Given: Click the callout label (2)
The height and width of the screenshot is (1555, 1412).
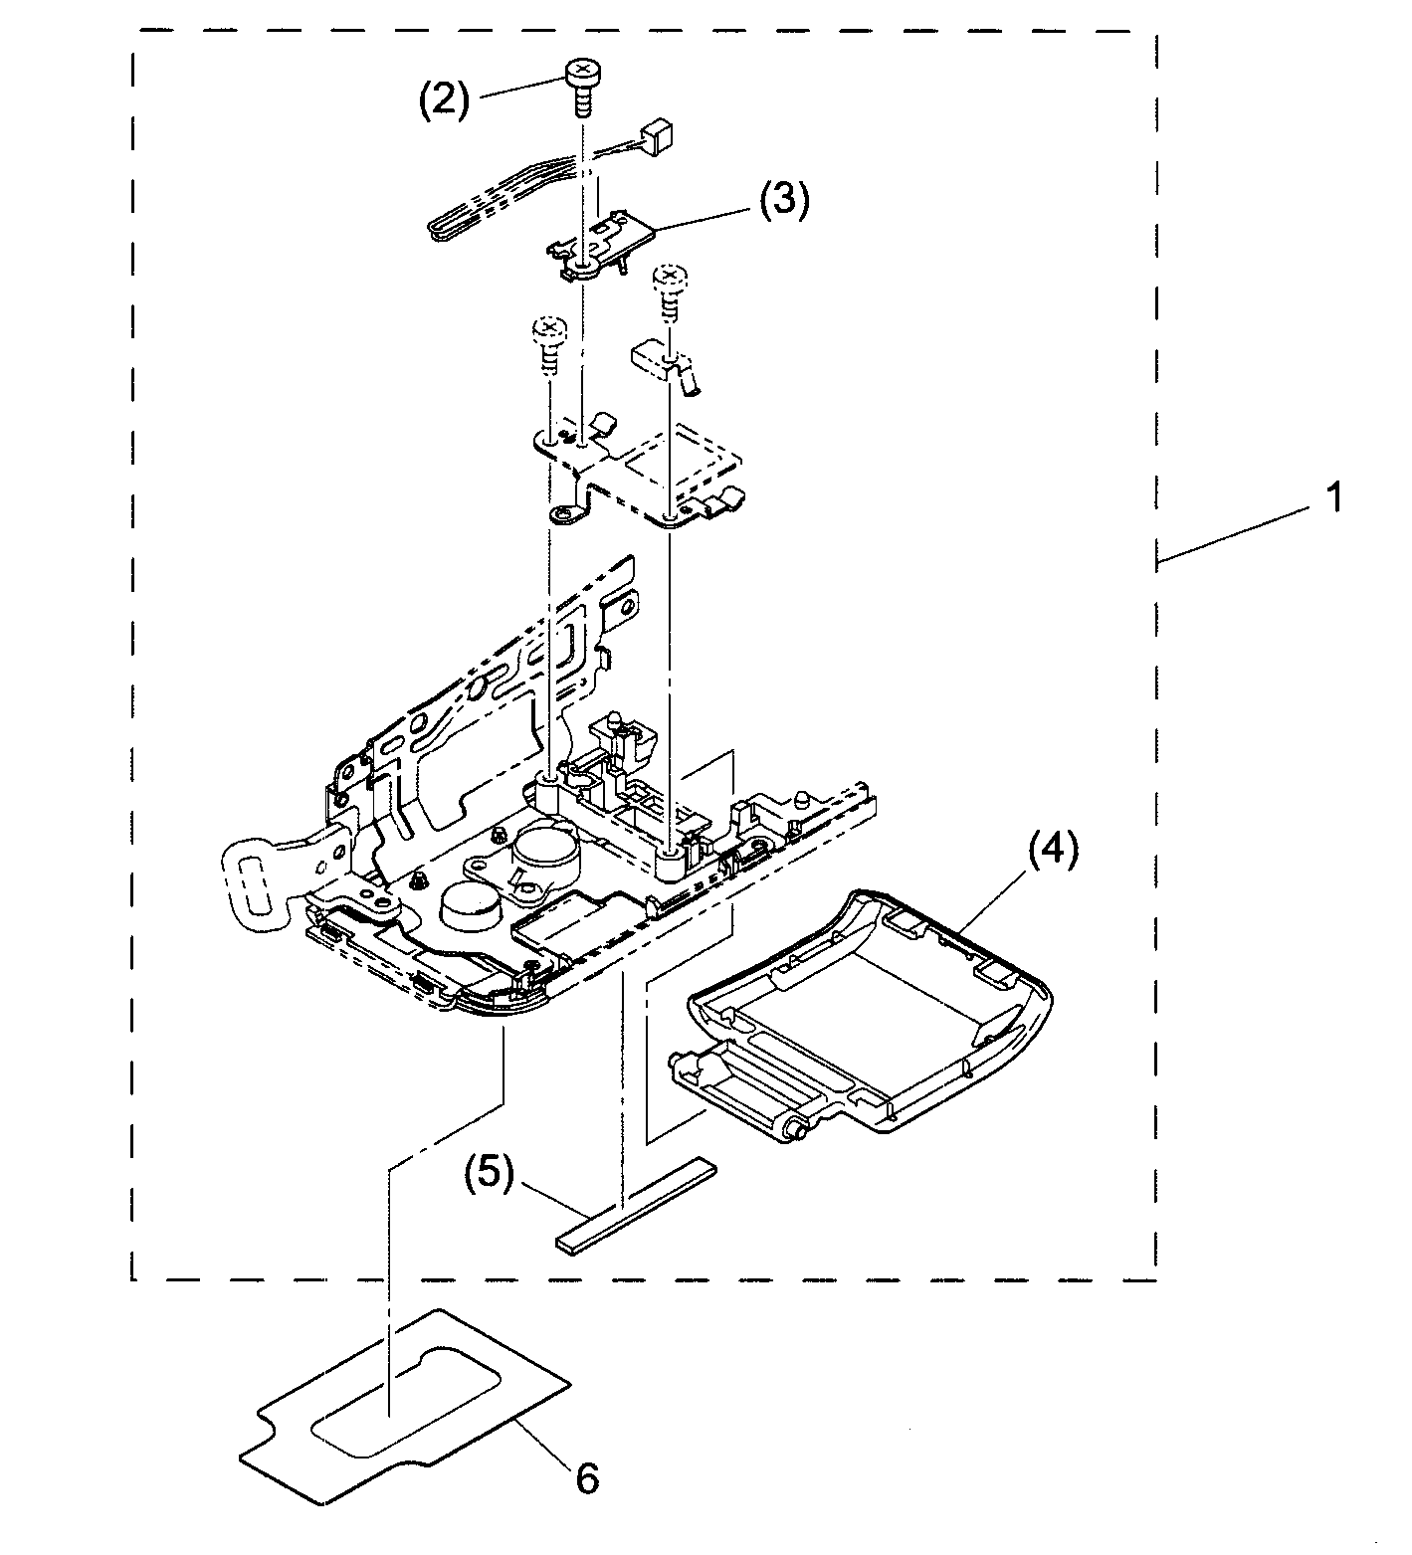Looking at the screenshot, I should click(443, 99).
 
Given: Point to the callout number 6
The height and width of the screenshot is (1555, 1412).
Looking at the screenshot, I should click(587, 1478).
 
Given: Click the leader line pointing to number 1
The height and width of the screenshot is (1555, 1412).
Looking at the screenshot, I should click(1234, 533).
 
